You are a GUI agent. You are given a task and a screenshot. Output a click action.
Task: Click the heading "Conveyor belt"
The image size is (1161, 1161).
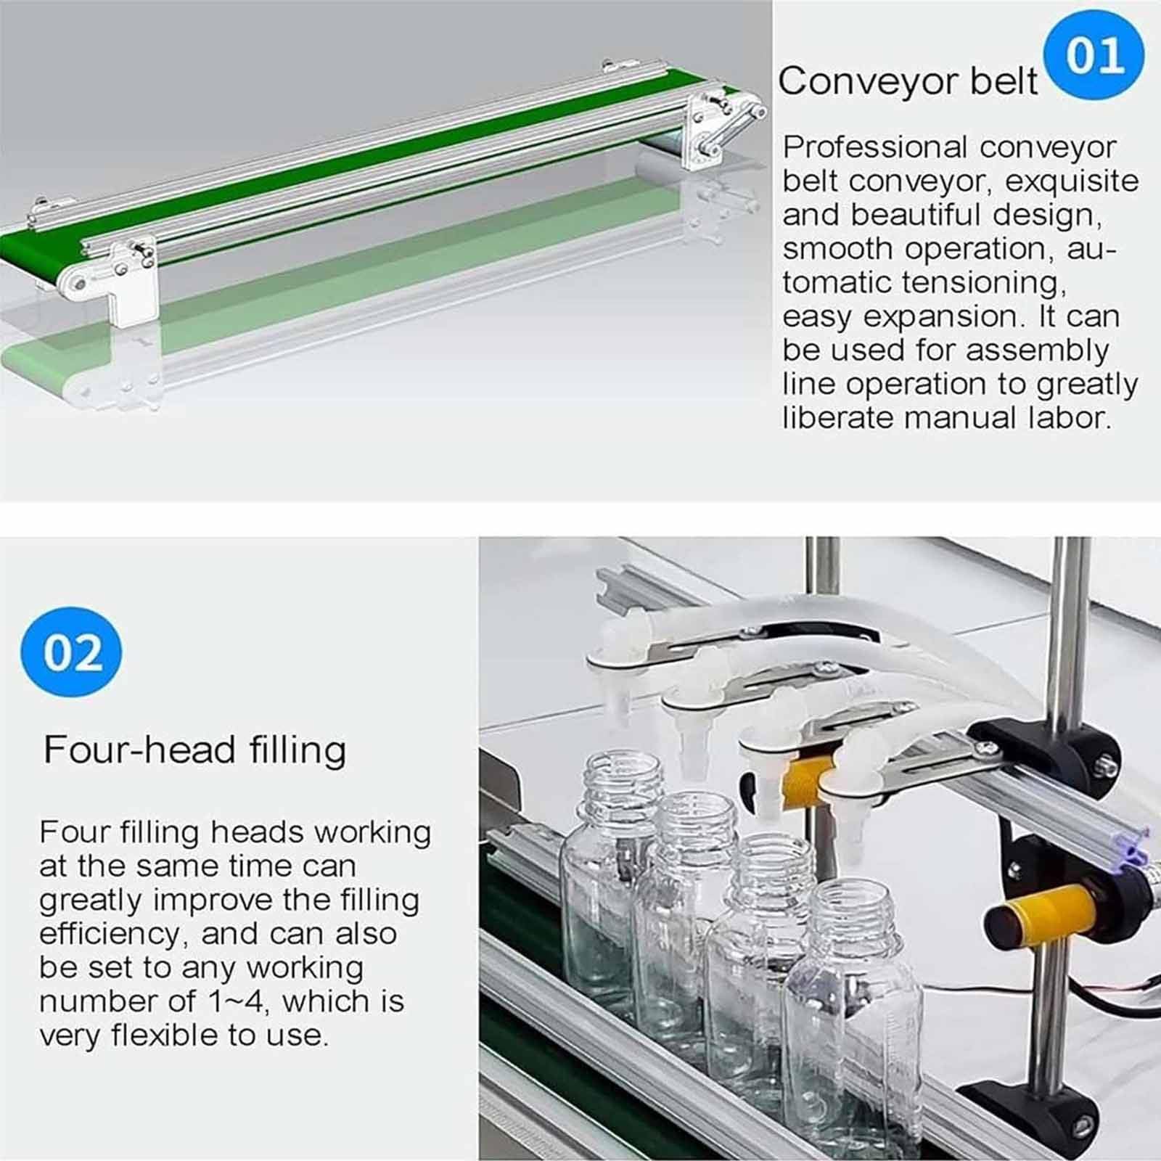(908, 81)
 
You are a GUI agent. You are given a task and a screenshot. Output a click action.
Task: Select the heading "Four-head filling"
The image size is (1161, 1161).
(194, 750)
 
